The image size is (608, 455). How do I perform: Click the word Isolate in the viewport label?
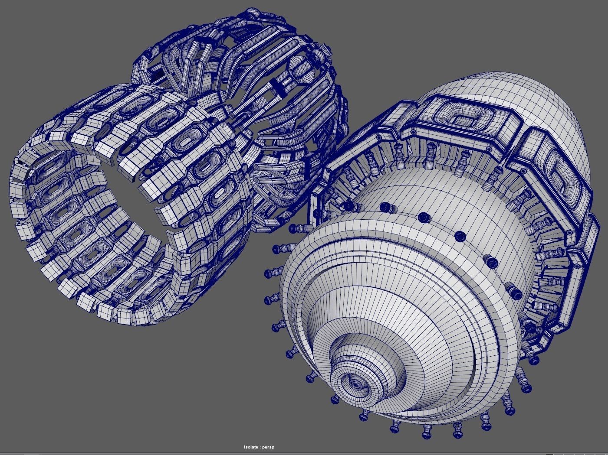coord(251,447)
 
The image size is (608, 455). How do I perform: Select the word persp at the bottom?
coord(269,447)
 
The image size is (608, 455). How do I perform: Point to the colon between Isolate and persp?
coord(260,447)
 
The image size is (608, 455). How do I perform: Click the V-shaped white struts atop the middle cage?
coord(191,65)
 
